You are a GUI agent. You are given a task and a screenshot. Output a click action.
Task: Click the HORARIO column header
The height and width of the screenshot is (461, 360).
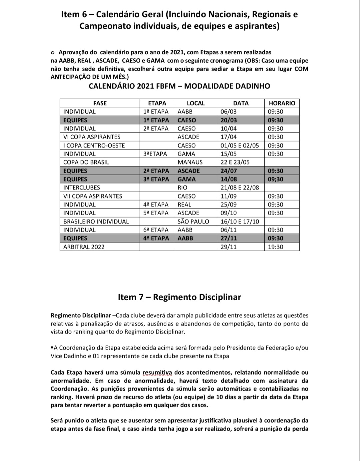[x=282, y=103]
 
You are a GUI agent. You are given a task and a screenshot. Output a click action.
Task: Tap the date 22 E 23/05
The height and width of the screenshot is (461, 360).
[x=235, y=162]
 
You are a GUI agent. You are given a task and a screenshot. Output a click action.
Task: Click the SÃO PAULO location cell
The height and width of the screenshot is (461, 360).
[x=193, y=221]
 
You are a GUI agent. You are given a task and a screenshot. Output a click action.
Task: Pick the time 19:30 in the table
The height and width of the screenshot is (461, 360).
[x=275, y=247]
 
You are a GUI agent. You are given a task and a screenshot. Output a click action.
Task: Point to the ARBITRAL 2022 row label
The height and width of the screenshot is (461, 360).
[x=84, y=247]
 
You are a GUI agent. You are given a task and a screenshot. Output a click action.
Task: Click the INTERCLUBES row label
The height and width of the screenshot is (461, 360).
[x=82, y=187]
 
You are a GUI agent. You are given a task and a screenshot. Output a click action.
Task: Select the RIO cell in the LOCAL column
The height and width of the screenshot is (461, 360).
[x=183, y=187]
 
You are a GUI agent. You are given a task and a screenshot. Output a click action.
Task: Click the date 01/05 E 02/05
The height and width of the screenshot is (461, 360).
[x=240, y=145]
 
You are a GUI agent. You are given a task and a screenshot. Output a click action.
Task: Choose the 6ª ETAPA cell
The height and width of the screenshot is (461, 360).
[x=156, y=230]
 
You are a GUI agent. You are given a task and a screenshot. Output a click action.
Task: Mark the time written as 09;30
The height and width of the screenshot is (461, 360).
[x=275, y=179]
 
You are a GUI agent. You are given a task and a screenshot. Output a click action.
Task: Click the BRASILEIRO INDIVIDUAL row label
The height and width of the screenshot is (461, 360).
[x=96, y=221]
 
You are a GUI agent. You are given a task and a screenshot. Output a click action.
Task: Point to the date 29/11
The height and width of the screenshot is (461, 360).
[x=229, y=247]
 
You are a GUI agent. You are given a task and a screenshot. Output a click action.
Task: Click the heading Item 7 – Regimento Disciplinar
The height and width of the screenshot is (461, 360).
[x=179, y=297]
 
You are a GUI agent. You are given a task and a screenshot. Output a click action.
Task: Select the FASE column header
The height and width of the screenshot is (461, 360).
[x=100, y=103]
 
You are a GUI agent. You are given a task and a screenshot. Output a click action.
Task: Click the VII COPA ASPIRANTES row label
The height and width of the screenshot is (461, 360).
[x=93, y=196]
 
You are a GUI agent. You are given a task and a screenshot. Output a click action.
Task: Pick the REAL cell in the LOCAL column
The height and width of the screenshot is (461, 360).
[x=184, y=204]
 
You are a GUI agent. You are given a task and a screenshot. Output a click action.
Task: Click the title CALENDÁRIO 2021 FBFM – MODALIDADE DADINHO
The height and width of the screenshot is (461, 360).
[x=179, y=86]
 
